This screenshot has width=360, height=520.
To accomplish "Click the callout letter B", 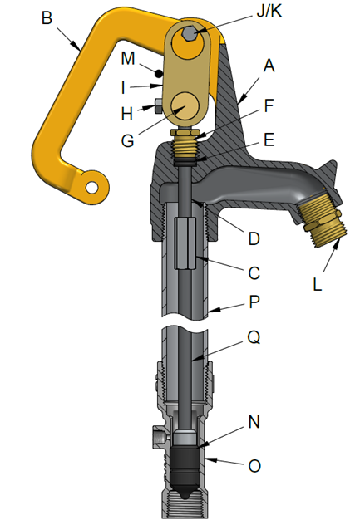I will pos(48,18).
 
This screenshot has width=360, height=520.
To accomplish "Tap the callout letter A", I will pos(269,64).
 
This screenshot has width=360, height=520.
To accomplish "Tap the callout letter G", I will pos(127,141).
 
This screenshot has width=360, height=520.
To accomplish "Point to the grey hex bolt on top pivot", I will pos(190,34).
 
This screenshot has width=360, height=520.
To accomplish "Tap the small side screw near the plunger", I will pos(155,435).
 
